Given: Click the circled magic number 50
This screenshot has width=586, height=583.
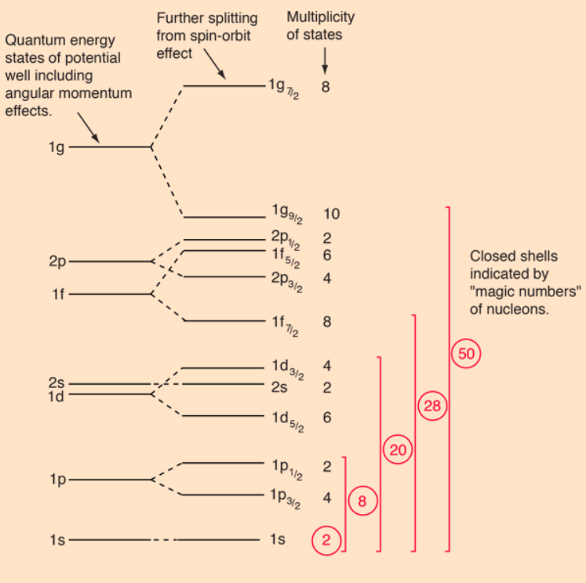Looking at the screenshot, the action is click(466, 353).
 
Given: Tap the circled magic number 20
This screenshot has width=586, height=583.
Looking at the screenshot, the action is click(397, 450).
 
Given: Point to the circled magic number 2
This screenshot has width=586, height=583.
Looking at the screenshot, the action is click(327, 539).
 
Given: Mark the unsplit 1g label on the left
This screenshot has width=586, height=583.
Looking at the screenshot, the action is click(56, 147).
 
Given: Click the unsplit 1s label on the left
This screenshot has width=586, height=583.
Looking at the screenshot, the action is click(56, 540).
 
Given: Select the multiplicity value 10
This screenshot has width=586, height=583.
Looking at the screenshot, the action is click(330, 213).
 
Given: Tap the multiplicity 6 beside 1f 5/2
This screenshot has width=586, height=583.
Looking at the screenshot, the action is click(327, 255).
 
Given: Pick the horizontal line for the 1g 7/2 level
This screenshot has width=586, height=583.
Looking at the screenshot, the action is click(224, 85).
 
